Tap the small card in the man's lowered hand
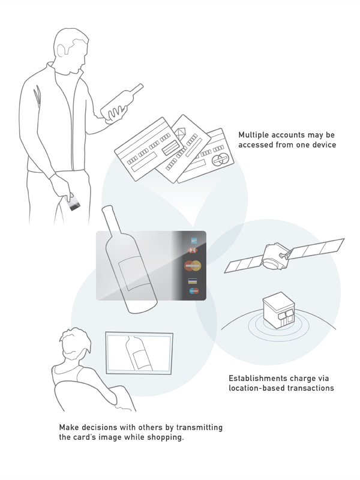pos(73,203)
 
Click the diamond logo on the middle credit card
pos(181,134)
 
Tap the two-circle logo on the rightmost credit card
pos(220,160)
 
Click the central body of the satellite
pos(275,257)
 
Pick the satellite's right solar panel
pos(316,248)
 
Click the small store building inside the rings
pos(278,310)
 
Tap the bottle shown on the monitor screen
pos(139,353)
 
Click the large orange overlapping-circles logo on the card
pos(193,266)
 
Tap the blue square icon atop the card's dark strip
pos(194,241)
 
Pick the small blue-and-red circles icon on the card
pos(194,291)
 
